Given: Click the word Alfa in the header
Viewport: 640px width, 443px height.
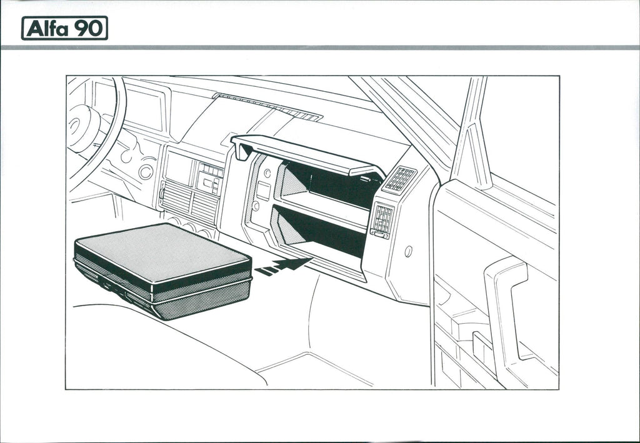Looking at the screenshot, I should [x=47, y=28].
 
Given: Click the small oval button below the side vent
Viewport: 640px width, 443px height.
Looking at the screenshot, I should [x=408, y=251].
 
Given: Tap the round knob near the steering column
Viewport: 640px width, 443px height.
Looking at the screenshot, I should [x=146, y=171].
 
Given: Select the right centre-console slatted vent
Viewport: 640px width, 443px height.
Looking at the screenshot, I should [x=204, y=207].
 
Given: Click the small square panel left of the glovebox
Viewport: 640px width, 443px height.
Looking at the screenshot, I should [x=263, y=190].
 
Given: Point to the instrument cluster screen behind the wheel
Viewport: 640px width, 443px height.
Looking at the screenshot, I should [x=144, y=109].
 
